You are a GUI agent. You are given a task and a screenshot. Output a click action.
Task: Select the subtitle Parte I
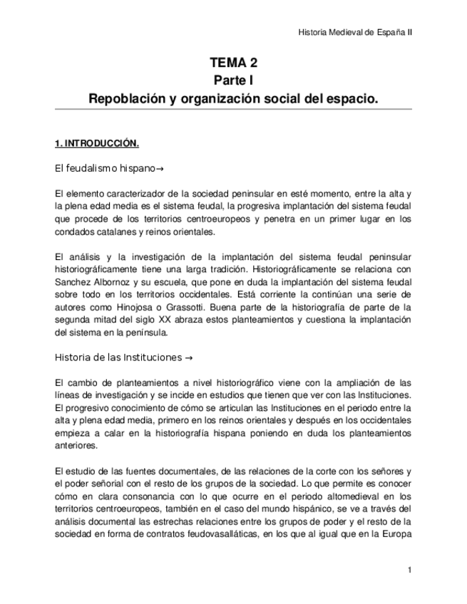[233, 80]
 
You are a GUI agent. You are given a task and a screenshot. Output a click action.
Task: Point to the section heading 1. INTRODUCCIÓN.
[96, 143]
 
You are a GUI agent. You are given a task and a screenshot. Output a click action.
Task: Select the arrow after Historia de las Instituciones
[189, 356]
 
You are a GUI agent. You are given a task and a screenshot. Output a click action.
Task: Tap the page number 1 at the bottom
[410, 570]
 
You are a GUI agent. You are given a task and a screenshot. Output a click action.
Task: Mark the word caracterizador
[132, 193]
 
